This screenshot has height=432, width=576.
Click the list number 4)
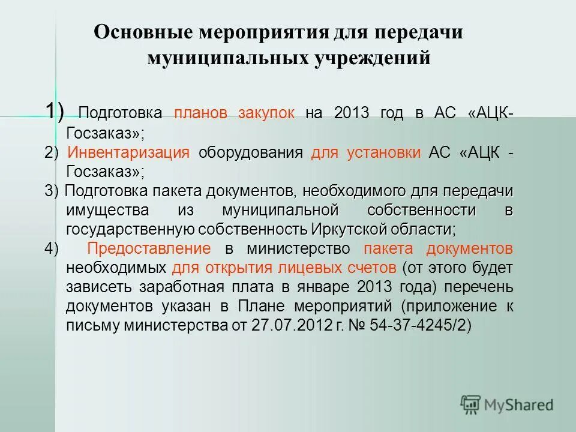tap(52, 248)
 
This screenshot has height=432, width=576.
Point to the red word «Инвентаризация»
tap(129, 152)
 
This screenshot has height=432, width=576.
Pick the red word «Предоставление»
tap(149, 248)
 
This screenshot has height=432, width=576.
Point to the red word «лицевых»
tap(325, 267)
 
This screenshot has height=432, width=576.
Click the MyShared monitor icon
tap(471, 404)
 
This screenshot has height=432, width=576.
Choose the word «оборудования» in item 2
tap(250, 152)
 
